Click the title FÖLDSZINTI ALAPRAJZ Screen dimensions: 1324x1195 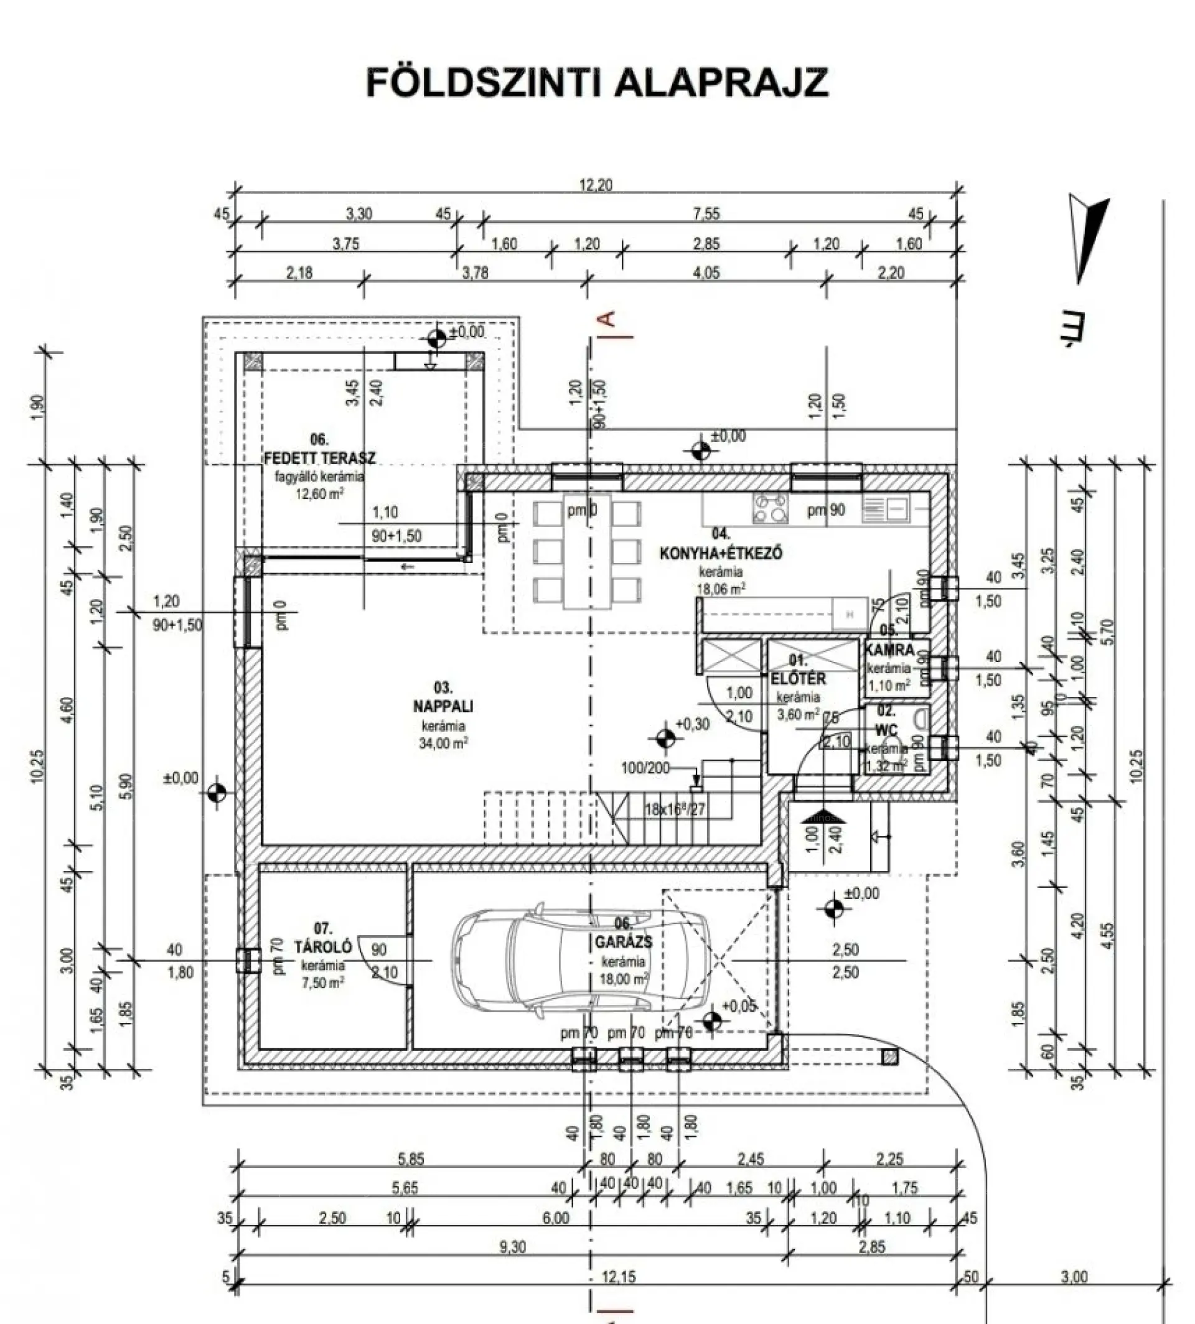tap(596, 83)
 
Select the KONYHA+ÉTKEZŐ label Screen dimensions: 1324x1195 tap(721, 552)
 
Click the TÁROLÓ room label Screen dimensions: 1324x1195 tap(322, 946)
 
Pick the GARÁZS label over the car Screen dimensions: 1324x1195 tap(623, 942)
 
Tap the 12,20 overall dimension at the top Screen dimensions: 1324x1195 tap(596, 185)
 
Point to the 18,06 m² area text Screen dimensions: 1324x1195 tap(720, 589)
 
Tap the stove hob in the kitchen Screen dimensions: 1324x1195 tap(769, 509)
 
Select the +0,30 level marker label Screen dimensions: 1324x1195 tap(693, 724)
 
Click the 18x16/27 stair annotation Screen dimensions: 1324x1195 tap(674, 808)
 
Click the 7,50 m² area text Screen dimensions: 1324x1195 tap(321, 982)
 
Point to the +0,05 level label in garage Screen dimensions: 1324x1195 tap(739, 1005)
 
